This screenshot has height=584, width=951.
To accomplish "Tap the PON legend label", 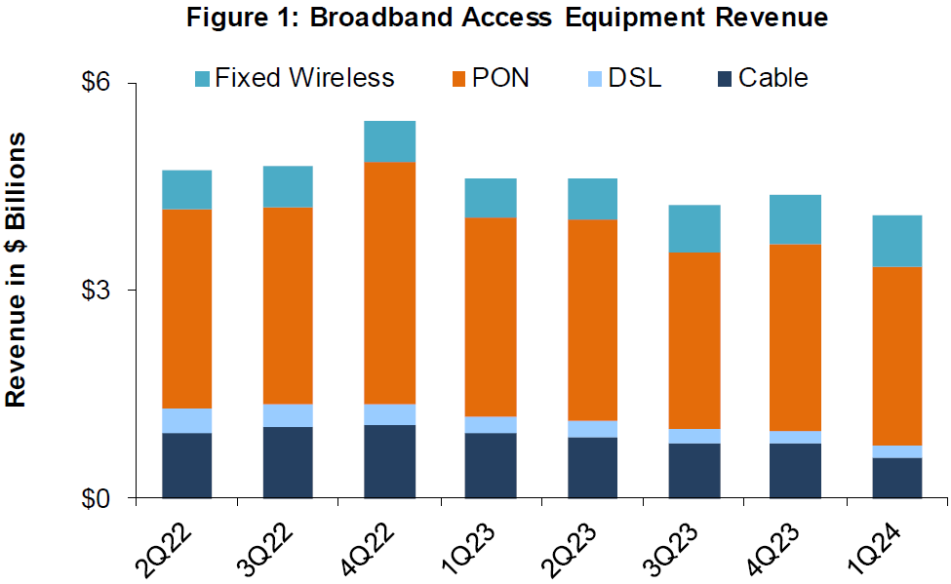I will (x=500, y=78).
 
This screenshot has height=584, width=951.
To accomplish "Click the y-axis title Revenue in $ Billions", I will (x=17, y=270).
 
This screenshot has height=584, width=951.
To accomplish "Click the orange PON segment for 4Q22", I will (x=390, y=283).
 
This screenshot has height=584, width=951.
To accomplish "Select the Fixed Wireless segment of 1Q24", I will (x=896, y=240).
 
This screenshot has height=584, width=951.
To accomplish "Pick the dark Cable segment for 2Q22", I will (x=187, y=465).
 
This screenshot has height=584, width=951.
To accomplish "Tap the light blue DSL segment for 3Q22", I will (x=288, y=415).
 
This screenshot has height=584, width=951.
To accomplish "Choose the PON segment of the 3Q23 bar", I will (x=693, y=340).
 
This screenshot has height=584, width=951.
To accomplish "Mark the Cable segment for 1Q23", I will (x=491, y=465).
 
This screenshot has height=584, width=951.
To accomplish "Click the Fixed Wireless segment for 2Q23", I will (x=592, y=199).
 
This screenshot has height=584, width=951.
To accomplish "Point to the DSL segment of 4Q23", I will (x=795, y=437).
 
